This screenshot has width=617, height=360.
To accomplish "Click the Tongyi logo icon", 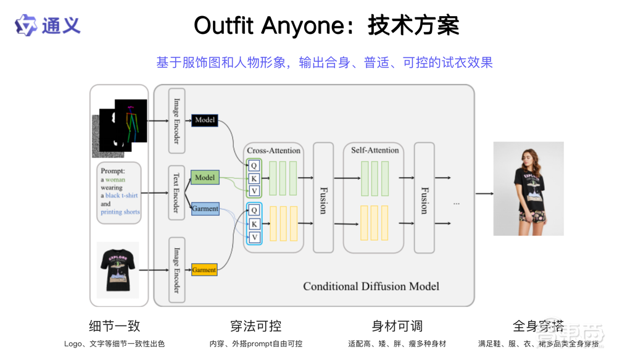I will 27,25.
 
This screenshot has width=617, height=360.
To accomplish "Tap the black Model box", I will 204,120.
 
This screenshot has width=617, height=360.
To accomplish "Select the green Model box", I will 204,178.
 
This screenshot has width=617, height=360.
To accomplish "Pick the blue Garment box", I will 205,209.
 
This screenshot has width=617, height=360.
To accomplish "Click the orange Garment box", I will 204,270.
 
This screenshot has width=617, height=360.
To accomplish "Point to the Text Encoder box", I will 176,192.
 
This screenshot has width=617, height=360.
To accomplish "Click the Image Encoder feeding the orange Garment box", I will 176,270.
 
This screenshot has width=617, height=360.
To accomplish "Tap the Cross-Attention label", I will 273,151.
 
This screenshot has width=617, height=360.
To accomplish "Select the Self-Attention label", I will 375,150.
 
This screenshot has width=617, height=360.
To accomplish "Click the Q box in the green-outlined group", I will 254,165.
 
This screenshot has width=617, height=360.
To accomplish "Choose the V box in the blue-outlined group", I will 254,237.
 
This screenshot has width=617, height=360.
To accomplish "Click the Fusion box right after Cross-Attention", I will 323,198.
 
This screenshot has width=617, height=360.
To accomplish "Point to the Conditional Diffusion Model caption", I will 371,287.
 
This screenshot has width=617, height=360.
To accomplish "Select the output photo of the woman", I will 528,188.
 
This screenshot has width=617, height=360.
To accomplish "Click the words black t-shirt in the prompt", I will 122,196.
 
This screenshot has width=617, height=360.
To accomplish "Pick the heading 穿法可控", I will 255,326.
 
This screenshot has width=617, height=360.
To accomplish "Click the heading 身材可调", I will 397,326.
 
